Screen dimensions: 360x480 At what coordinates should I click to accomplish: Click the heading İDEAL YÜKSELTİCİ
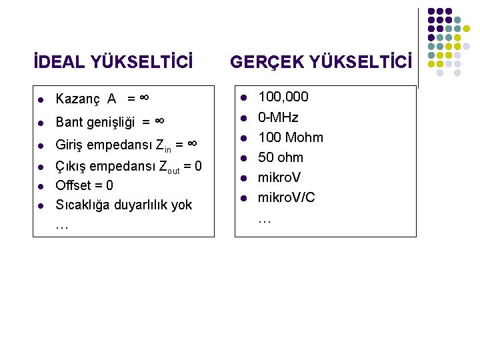(114, 63)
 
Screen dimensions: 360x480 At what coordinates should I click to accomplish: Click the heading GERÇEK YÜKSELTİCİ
(321, 63)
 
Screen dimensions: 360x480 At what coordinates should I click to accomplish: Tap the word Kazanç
(77, 99)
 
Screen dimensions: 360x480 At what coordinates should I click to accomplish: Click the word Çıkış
(70, 165)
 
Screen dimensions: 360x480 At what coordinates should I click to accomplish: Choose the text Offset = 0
(84, 185)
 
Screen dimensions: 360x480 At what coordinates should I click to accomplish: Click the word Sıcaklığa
(82, 205)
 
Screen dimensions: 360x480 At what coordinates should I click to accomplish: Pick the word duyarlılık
(140, 205)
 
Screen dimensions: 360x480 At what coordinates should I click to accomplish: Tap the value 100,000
(283, 97)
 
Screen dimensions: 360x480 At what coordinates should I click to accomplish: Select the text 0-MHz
(278, 117)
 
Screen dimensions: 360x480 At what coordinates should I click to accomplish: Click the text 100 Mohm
(290, 137)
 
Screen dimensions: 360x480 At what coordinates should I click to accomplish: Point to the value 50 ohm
(280, 157)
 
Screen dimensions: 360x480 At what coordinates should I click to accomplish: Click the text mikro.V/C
(287, 197)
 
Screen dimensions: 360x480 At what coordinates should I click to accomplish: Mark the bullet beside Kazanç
(41, 101)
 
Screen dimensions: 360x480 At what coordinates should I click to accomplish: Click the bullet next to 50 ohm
(244, 158)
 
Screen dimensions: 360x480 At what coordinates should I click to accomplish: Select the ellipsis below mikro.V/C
(265, 218)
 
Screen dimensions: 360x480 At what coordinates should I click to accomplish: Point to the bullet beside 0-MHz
(244, 118)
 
